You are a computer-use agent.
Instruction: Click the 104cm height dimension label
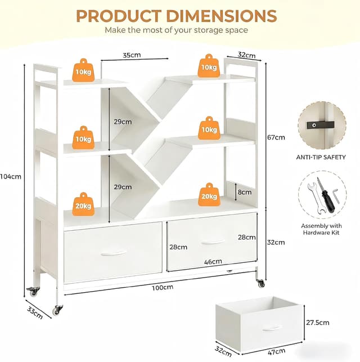(11, 176)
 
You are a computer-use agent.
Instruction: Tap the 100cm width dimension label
(162, 288)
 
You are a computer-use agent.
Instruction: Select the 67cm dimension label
(276, 137)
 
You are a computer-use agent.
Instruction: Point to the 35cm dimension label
(132, 55)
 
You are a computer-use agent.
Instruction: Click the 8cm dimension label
(245, 192)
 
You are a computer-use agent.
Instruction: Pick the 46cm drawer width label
(213, 261)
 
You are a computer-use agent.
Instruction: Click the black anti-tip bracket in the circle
(321, 124)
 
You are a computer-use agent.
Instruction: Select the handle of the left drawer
(113, 253)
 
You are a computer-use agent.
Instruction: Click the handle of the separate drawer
(272, 328)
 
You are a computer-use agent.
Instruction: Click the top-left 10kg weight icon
(83, 70)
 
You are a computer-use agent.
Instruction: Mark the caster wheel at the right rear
(260, 283)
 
